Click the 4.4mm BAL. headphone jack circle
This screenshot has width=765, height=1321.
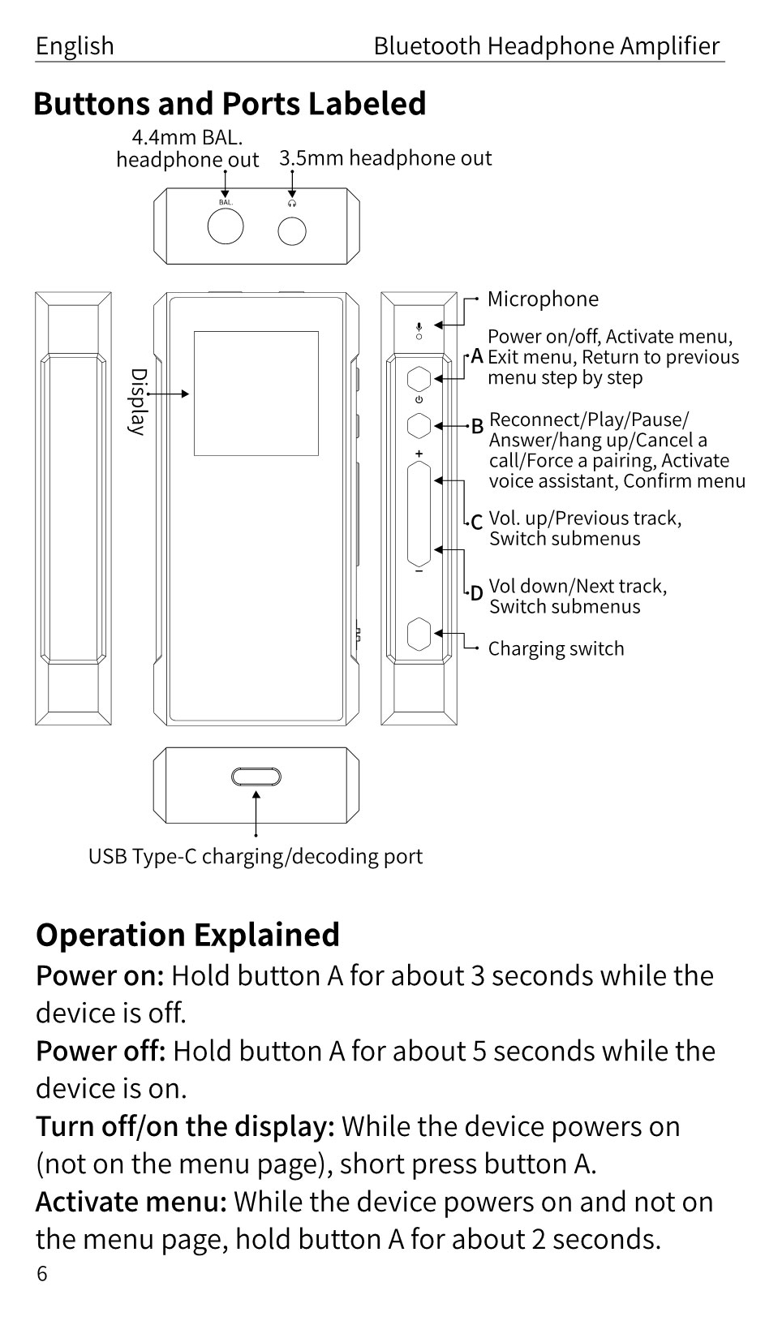click(226, 226)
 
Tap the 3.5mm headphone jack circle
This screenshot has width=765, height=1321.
click(292, 231)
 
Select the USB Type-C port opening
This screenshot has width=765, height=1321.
click(256, 777)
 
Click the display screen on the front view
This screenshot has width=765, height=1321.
click(256, 393)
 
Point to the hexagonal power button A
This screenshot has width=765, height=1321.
click(419, 378)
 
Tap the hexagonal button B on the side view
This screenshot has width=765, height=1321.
click(419, 424)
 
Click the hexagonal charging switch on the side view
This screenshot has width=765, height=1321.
click(419, 633)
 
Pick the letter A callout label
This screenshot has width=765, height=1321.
click(477, 356)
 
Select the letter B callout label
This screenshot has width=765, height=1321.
click(477, 425)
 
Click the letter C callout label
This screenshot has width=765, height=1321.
click(477, 522)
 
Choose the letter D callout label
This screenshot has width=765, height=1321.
click(477, 593)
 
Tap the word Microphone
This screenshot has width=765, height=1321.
click(543, 299)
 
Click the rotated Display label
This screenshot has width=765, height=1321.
click(139, 402)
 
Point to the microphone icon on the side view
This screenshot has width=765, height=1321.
click(419, 328)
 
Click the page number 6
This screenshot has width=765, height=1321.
click(42, 1274)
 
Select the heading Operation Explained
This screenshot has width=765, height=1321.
click(187, 935)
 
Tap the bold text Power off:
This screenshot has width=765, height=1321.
click(101, 1051)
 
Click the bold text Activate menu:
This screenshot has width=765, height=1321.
click(131, 1202)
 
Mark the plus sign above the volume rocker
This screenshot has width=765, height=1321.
click(419, 454)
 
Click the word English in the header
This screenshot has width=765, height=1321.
click(75, 46)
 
